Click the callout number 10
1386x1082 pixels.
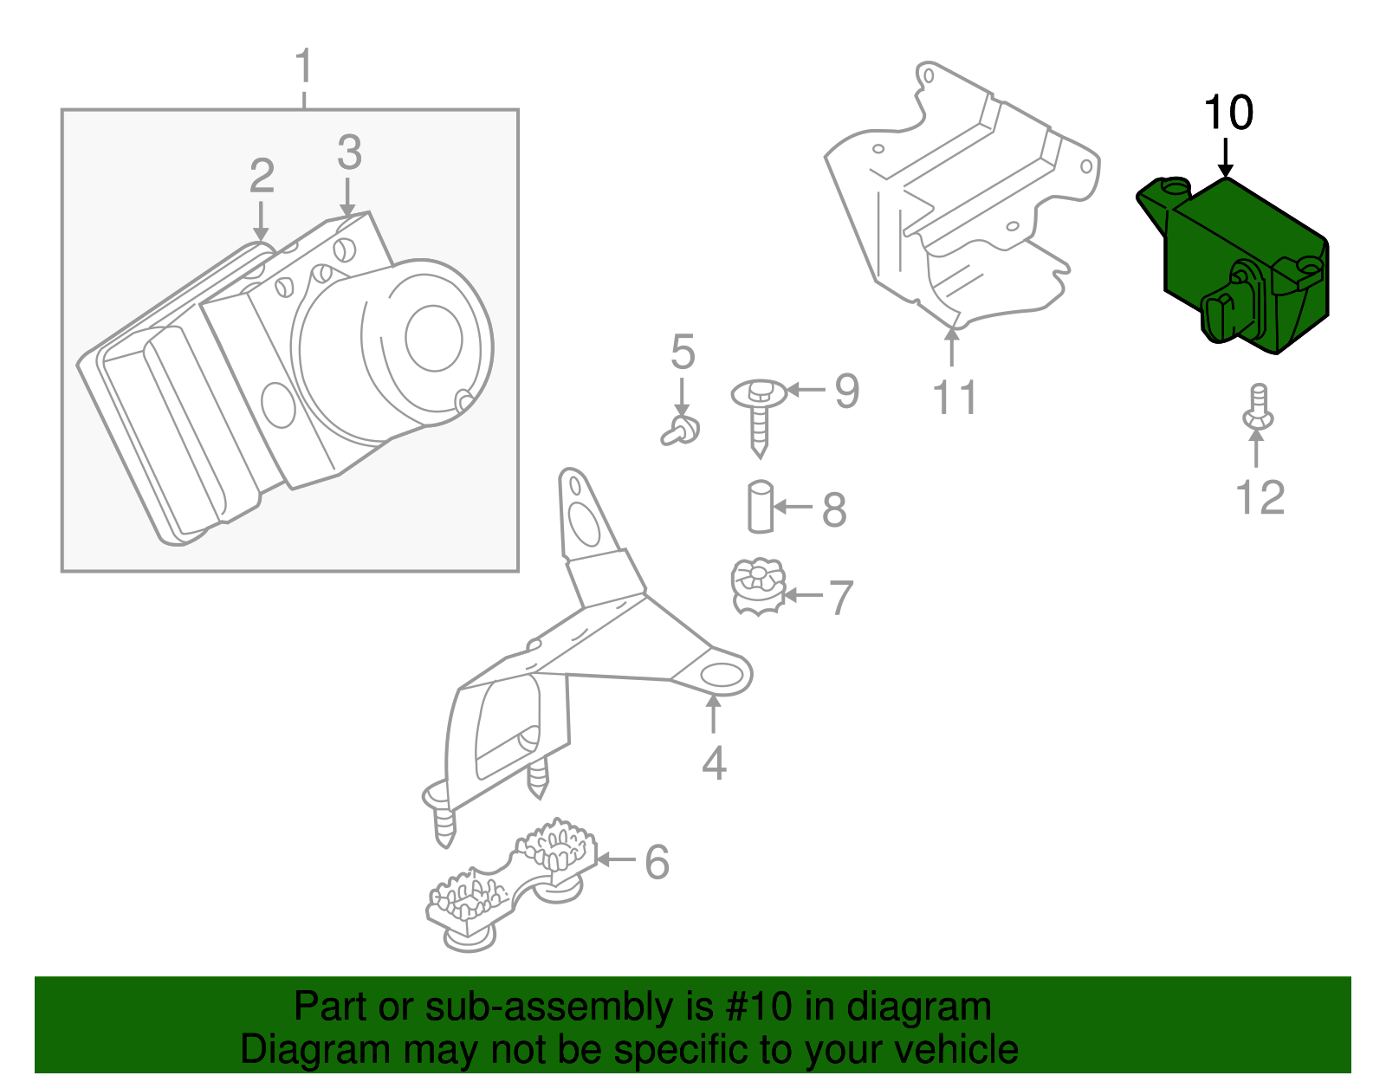[x=1228, y=114]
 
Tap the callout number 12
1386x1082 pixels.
[x=1260, y=498]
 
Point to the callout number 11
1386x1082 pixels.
[x=955, y=398]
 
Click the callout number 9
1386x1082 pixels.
[x=846, y=391]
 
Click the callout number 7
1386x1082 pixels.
[x=841, y=598]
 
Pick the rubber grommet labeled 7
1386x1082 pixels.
[x=758, y=586]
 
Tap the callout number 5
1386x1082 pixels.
[x=683, y=353]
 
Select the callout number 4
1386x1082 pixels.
[x=714, y=763]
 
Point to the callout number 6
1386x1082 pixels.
[x=657, y=862]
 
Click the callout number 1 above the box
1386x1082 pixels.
[x=303, y=68]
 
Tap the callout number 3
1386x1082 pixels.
[x=349, y=153]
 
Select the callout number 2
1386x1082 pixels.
[x=262, y=177]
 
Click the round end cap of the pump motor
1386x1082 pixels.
[x=433, y=338]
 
